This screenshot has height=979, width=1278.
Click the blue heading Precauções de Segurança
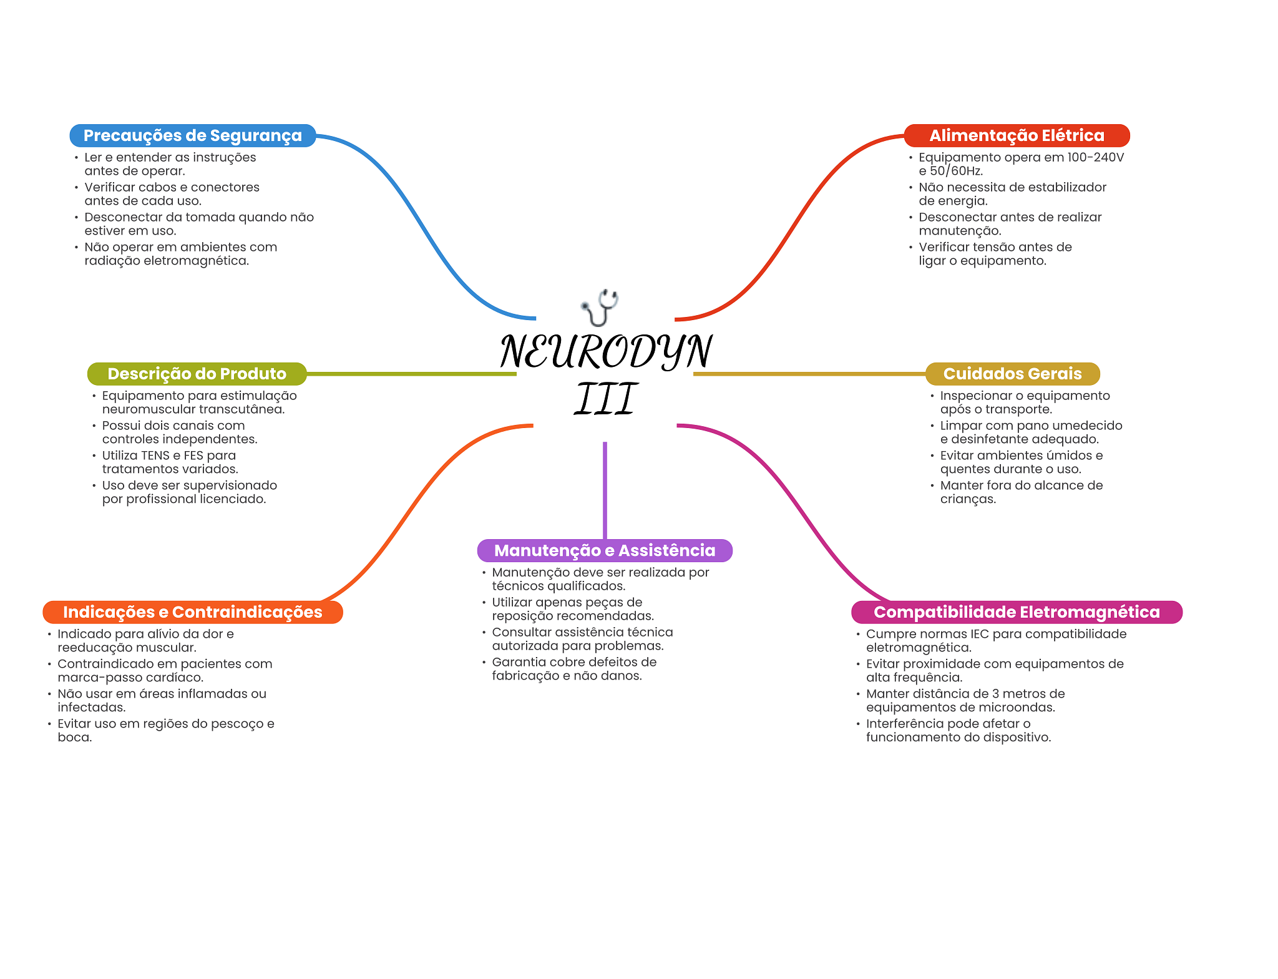192,135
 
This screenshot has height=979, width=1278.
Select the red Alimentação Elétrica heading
1017,135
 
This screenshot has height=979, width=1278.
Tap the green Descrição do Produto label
197,374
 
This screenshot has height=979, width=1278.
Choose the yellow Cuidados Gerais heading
1012,374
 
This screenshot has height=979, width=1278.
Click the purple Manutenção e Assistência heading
605,550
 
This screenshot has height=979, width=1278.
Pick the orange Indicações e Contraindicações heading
192,612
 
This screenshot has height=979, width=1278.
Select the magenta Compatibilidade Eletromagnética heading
1017,612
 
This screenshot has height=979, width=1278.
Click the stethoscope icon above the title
600,307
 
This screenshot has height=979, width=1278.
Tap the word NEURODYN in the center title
605,351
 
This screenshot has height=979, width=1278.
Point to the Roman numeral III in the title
605,399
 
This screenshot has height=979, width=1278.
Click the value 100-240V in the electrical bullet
1095,157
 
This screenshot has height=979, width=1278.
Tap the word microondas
1019,708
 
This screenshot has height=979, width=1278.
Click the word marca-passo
96,678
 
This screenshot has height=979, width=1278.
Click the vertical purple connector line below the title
605,490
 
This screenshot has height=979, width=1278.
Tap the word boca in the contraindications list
73,738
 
